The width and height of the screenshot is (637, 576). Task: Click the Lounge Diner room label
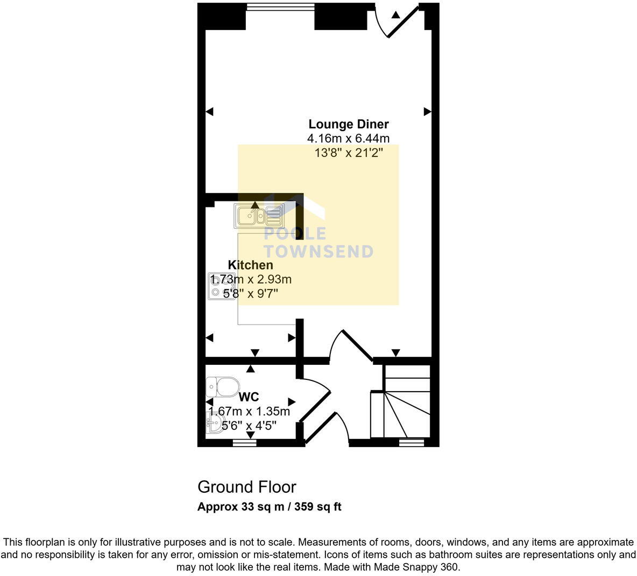348,124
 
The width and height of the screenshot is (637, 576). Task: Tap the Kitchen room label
250,265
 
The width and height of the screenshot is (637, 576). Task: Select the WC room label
249,397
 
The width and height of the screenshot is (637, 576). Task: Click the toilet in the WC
223,386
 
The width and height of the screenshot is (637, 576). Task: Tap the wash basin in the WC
214,422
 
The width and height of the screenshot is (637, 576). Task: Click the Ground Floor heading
246,487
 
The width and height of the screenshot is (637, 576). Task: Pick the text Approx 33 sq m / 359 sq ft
269,507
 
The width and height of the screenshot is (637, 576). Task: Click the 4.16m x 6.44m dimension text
348,139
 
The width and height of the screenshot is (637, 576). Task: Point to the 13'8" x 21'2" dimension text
348,153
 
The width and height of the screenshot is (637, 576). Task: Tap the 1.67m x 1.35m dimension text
249,412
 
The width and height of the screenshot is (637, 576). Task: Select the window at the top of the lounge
280,7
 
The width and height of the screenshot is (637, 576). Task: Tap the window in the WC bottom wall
244,443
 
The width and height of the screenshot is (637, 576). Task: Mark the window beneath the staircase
412,443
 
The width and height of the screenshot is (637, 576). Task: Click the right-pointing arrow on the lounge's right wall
427,112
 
